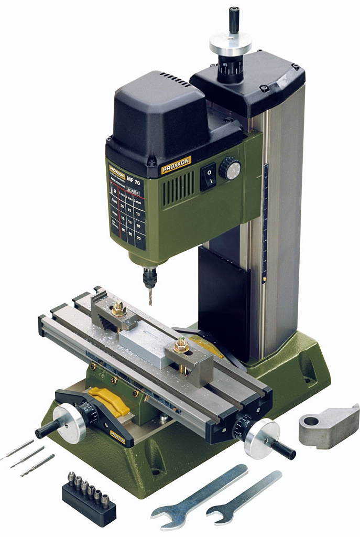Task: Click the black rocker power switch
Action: pos(208,177)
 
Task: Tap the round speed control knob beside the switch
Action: pos(230,169)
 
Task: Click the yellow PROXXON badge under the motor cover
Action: pos(176,165)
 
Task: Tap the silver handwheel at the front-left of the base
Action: pos(70,423)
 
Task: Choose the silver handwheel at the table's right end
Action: pos(261,438)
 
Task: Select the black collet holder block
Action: pos(89,501)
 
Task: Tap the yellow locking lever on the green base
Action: pos(108,401)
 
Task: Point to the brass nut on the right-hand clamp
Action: pos(182,345)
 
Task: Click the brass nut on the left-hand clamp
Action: pos(118,309)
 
